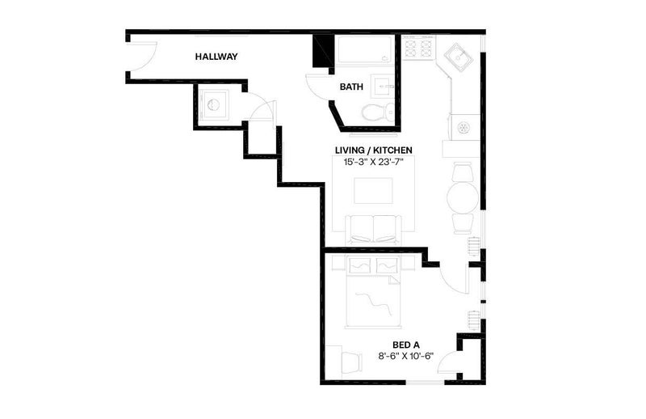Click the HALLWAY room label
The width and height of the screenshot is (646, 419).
[x=216, y=57]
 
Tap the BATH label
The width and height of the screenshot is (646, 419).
[x=351, y=87]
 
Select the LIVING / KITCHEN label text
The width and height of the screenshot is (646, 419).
[x=374, y=150]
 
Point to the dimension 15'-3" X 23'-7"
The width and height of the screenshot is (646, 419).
[x=374, y=163]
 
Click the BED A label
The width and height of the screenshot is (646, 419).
[x=406, y=345]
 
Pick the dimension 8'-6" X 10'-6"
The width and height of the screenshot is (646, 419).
[x=406, y=356]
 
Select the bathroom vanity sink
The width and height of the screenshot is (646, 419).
[x=383, y=87]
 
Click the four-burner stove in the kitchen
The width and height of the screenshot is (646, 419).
[x=419, y=47]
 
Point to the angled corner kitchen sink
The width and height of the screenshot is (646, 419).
[x=458, y=57]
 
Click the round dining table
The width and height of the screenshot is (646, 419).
[x=463, y=197]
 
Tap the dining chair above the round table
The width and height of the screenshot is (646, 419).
[x=463, y=172]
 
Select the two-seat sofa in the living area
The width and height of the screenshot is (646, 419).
[x=373, y=230]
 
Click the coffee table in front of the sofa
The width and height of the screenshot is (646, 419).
[x=373, y=191]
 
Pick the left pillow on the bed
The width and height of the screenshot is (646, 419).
[x=359, y=265]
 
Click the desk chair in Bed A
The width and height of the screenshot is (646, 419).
[x=351, y=362]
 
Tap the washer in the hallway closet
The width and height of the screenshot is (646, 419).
[x=213, y=105]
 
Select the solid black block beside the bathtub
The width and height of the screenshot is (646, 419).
[x=322, y=51]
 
